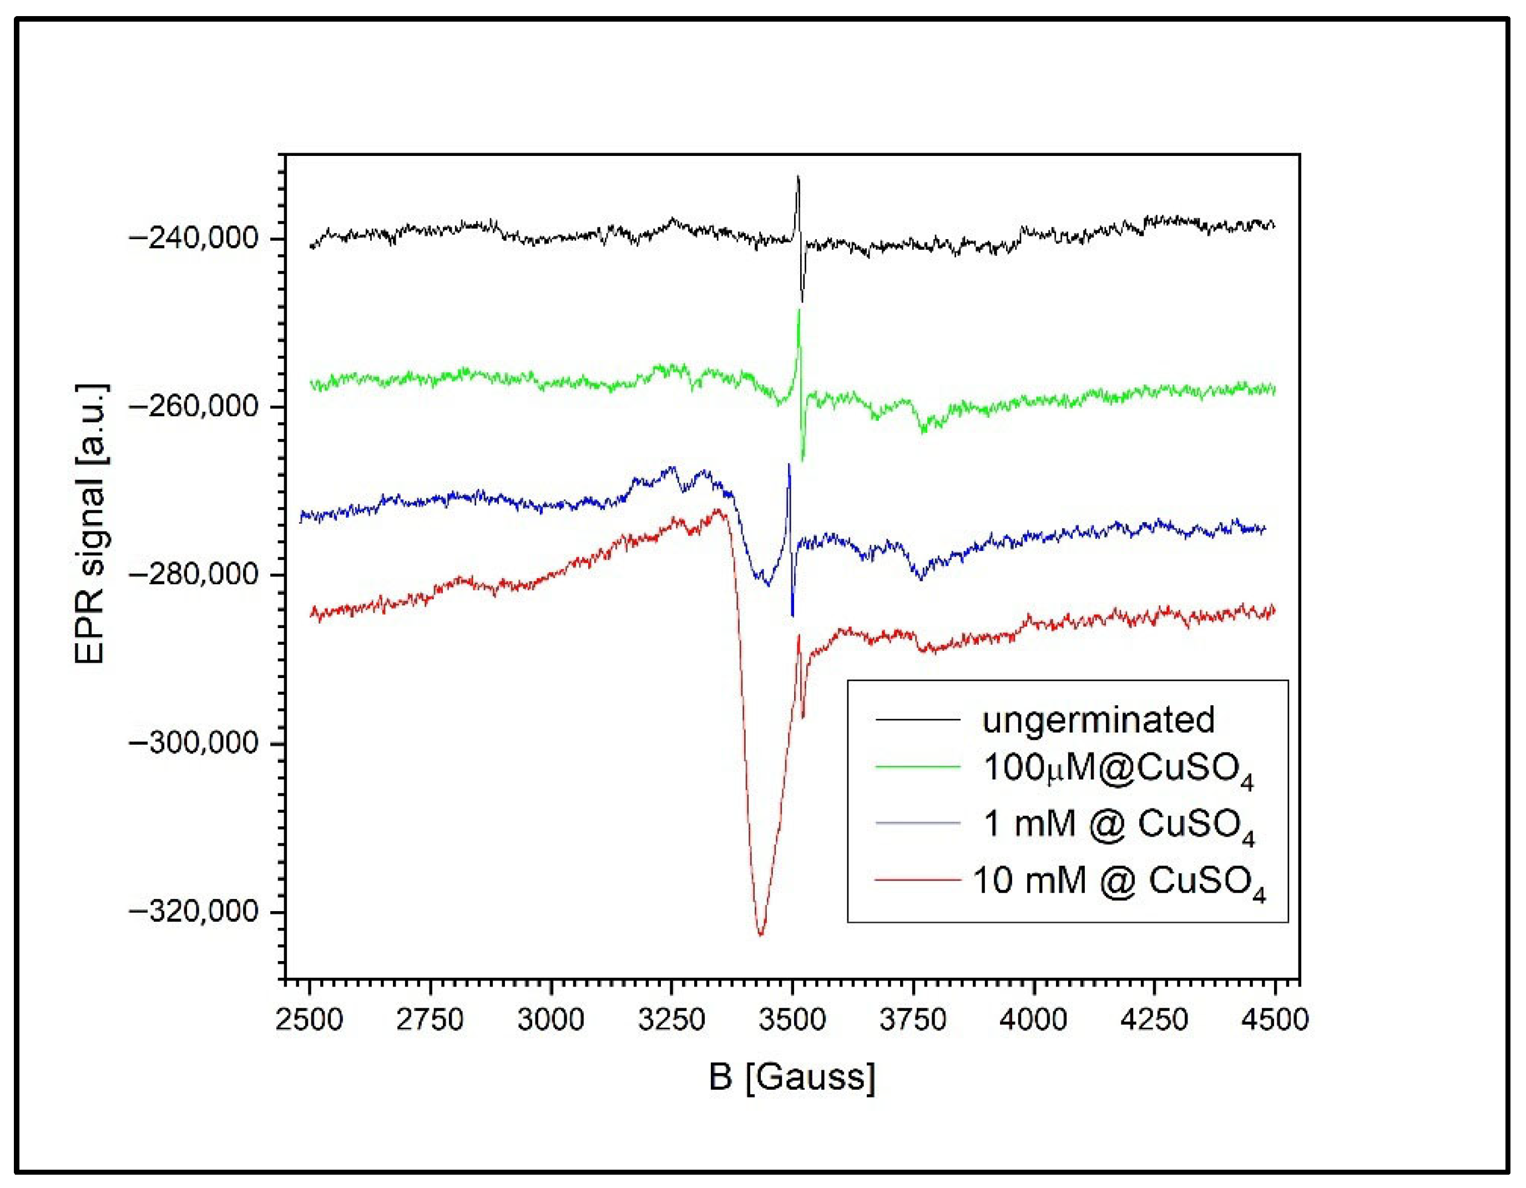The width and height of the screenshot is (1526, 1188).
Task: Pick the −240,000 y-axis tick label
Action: point(194,238)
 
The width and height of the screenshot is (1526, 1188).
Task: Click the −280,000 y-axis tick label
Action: point(194,574)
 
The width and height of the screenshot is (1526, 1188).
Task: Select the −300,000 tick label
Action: point(194,743)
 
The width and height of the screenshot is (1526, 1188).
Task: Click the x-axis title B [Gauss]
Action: point(792,1077)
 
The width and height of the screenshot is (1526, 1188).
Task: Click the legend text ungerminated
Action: point(1098,720)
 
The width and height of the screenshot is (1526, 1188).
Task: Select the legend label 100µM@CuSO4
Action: point(1118,770)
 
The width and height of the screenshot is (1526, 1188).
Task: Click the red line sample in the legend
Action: point(917,880)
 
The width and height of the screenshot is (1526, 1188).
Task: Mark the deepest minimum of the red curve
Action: point(761,934)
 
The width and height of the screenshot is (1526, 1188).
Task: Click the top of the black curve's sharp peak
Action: point(798,177)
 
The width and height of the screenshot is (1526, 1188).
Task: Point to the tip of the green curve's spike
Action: point(799,309)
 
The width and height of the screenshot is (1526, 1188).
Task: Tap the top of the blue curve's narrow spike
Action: point(789,464)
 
